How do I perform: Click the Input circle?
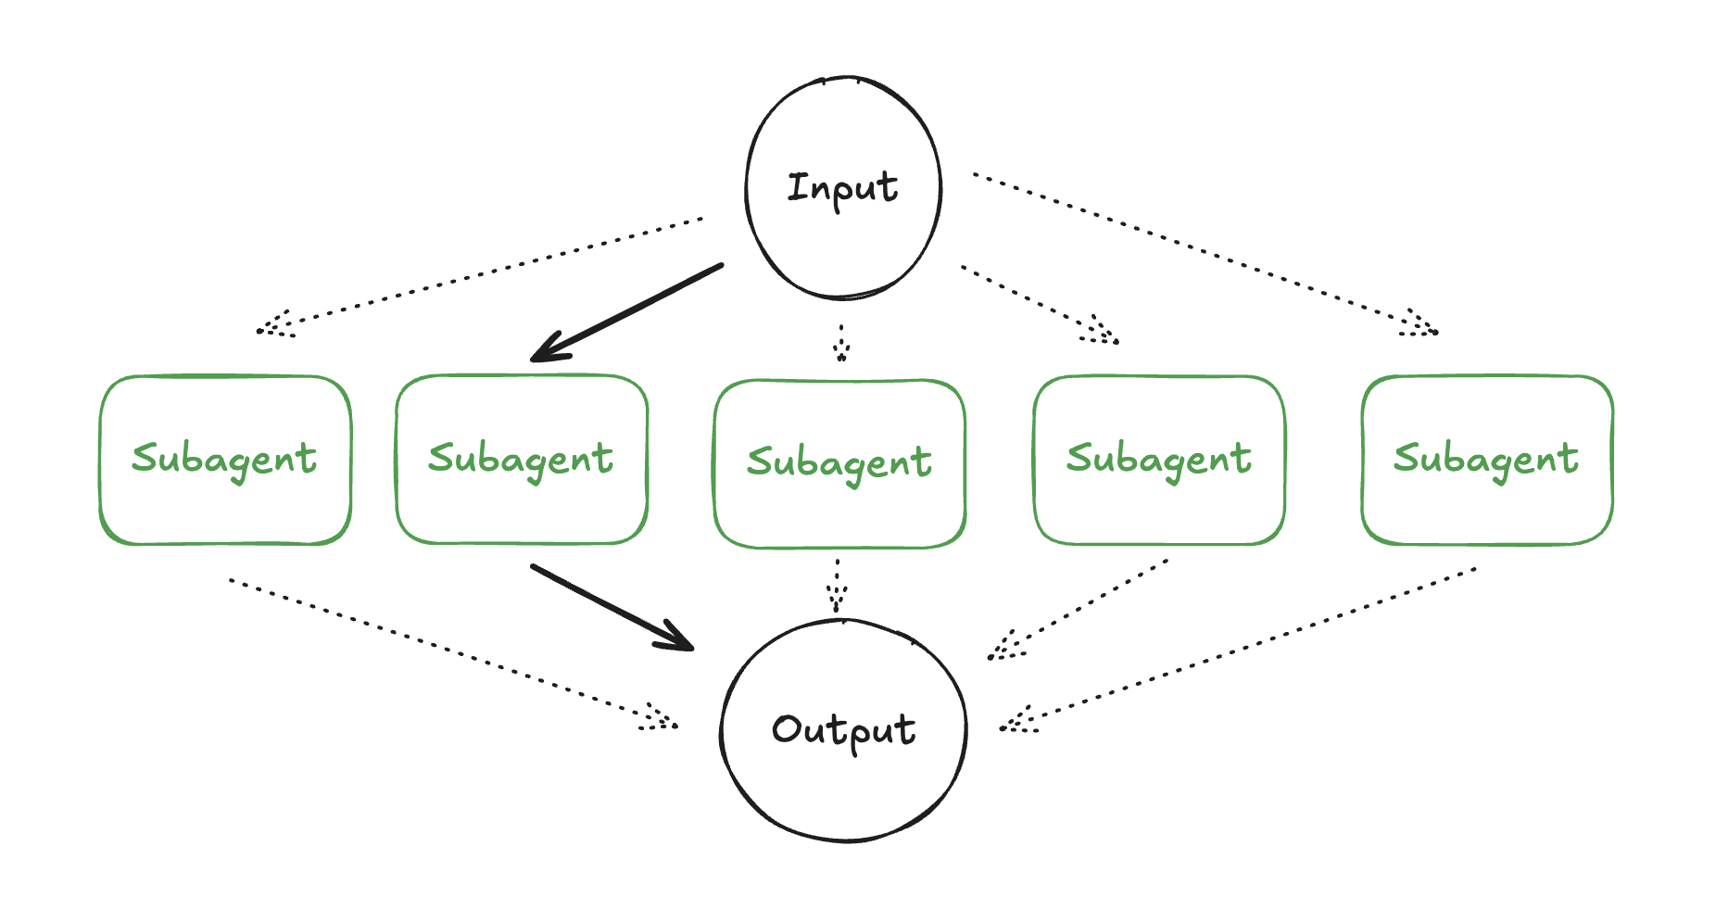(x=843, y=188)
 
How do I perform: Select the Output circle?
(x=843, y=730)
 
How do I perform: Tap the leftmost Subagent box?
(x=225, y=460)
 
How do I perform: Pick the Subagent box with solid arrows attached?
(x=522, y=460)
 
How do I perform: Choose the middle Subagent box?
(x=839, y=463)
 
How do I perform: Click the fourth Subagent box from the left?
(x=1159, y=460)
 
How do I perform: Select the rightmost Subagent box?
(x=1487, y=460)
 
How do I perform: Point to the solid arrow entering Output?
(x=612, y=607)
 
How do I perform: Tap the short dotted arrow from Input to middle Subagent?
(x=840, y=341)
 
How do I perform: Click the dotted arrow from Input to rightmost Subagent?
(x=1205, y=252)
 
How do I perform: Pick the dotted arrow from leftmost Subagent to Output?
(x=454, y=654)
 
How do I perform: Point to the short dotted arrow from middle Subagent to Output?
(x=837, y=586)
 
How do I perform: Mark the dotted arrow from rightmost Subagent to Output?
(x=1238, y=650)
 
